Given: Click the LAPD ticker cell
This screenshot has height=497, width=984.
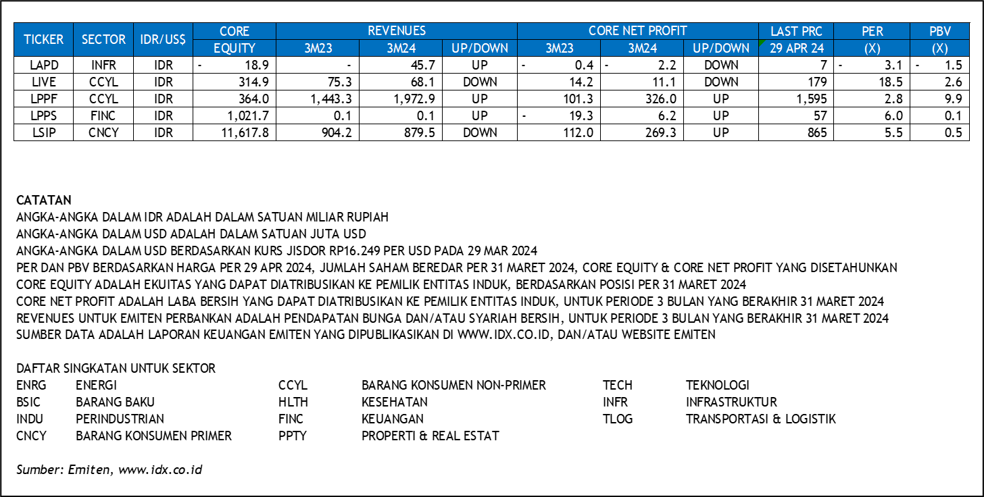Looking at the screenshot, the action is [44, 65].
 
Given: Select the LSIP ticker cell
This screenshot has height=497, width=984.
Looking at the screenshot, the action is [44, 133].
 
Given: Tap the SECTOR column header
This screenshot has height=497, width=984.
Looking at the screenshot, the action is [103, 39].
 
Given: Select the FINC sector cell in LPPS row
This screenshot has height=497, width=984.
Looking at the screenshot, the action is [103, 116].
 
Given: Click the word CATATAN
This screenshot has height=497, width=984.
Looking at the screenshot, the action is [44, 201].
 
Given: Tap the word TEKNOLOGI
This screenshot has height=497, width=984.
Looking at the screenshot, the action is [718, 386].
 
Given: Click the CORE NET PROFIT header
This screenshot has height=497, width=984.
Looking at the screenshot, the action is [637, 31].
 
